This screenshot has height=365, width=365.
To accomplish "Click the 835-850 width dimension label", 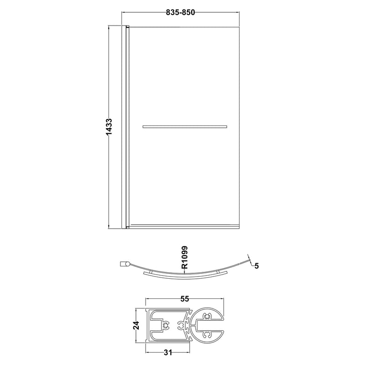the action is point(180,12).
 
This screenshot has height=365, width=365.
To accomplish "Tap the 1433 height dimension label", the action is point(109,127).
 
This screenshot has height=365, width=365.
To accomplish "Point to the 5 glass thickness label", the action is point(256,266).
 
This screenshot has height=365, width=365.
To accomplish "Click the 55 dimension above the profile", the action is point(185,299).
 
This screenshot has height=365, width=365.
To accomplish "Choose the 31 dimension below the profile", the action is point(168,353).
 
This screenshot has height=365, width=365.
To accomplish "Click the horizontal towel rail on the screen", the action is point(185,127).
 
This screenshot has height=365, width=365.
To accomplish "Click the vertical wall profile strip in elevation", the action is point(124,127).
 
